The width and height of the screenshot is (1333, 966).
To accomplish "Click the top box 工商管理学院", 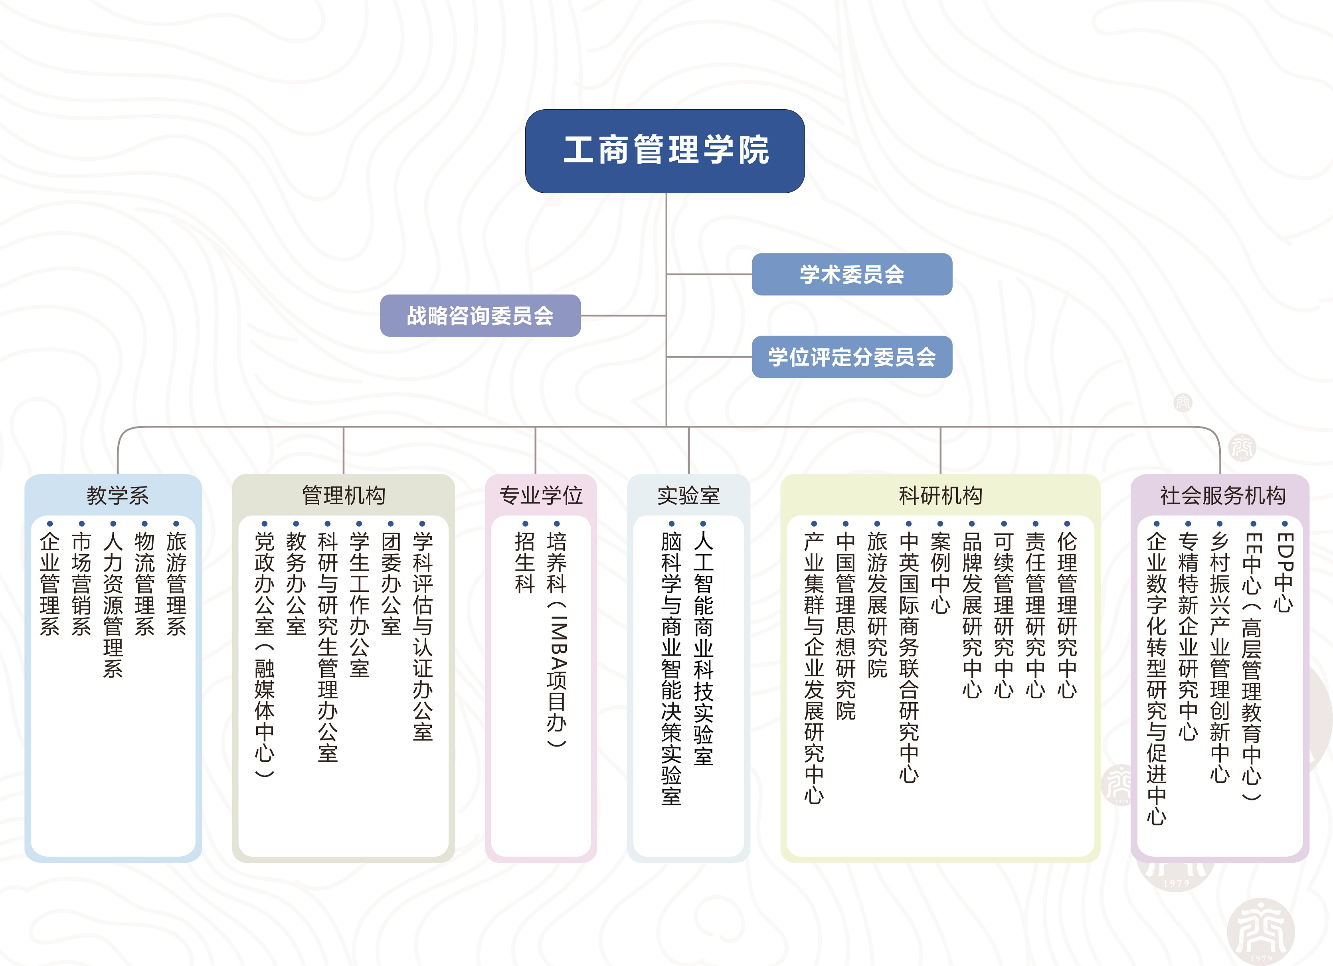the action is [665, 151].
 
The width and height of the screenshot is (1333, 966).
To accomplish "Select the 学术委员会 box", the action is [852, 275].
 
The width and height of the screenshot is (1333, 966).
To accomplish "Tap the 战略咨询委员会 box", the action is [480, 316].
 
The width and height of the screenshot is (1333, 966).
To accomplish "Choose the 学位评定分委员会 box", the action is [852, 357].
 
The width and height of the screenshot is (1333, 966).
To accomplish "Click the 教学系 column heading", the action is [118, 495].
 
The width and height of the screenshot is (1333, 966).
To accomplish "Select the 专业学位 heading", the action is [541, 495].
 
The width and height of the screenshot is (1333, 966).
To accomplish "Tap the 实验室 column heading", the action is [688, 495].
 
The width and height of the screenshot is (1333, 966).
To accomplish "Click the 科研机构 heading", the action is [940, 495].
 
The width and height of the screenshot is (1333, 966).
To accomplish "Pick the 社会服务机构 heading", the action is [1222, 495].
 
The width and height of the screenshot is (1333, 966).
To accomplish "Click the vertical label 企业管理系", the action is [50, 584].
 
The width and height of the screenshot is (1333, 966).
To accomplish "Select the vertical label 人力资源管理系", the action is [113, 605].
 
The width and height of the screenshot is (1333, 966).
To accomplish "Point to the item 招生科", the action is [525, 563].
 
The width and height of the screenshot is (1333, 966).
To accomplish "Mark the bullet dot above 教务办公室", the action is [296, 523].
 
